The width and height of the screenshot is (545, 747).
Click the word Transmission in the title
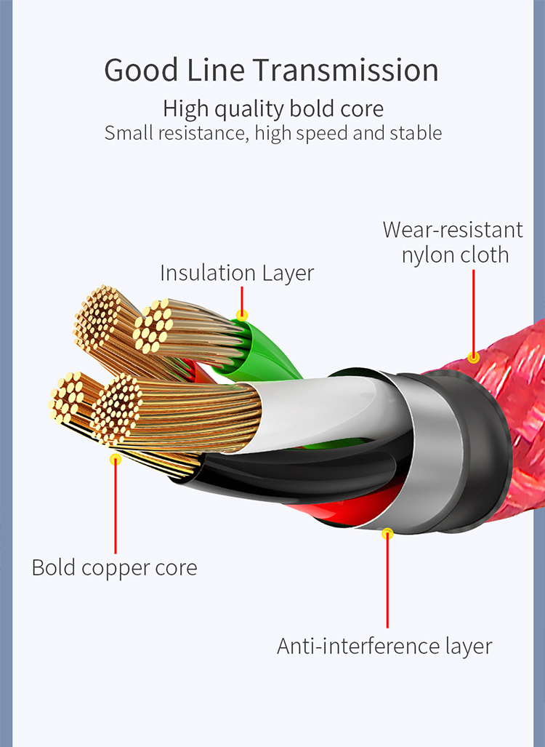tap(346, 71)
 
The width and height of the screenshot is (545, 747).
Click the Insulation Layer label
tap(237, 273)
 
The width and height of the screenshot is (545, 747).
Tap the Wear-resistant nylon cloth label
tap(453, 242)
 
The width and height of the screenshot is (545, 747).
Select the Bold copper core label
tap(114, 567)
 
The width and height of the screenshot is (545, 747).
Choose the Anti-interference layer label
tap(384, 646)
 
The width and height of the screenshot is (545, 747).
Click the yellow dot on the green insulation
tap(242, 315)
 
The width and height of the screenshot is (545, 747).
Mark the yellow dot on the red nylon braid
tap(474, 357)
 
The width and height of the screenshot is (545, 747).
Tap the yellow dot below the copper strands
tap(115, 459)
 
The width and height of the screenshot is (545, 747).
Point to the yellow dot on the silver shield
tap(387, 533)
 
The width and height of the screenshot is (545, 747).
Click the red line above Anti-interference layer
tap(387, 582)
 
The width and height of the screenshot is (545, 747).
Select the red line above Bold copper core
tap(115, 509)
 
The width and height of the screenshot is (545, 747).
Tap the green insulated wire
tap(262, 356)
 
